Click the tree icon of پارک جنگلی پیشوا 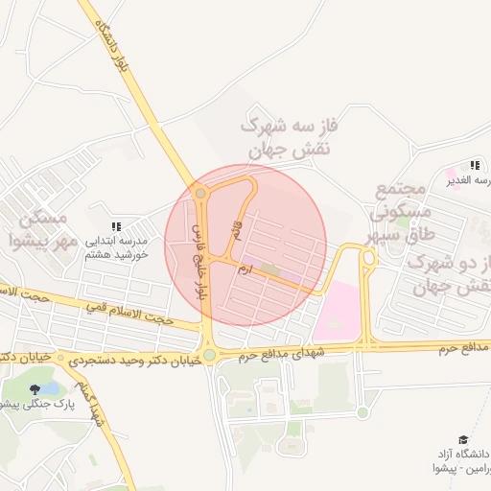[35, 389]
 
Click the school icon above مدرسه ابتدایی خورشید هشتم [116, 225]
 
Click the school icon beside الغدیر [475, 165]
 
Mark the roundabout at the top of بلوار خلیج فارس [199, 194]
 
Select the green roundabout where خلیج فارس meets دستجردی [209, 355]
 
